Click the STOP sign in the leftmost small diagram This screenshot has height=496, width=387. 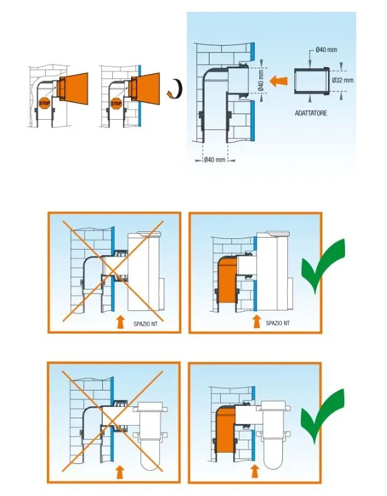(45, 103)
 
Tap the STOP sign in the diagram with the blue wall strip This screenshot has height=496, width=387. (116, 103)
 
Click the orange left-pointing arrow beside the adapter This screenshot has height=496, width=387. (278, 82)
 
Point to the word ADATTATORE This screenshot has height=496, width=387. (310, 113)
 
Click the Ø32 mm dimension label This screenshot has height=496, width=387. (342, 80)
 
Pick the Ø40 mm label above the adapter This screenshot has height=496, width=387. (326, 50)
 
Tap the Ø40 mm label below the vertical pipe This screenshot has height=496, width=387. (215, 160)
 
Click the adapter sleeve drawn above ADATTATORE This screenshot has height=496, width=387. (312, 81)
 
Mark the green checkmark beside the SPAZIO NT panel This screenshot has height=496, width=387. (324, 265)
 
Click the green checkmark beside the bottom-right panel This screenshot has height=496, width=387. (323, 415)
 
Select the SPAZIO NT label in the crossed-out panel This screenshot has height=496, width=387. (146, 324)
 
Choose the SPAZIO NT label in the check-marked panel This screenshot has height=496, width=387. (277, 324)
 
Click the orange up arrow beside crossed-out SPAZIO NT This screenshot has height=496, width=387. (120, 322)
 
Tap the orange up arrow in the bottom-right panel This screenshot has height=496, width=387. (255, 472)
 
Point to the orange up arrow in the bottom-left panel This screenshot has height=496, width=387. (120, 472)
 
